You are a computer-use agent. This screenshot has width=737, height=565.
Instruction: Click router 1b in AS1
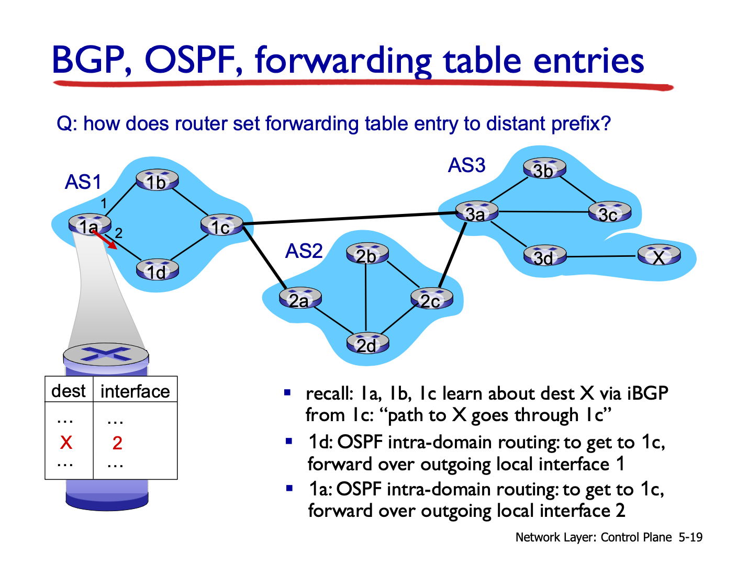[157, 180]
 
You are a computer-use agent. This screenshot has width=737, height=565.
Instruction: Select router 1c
[222, 225]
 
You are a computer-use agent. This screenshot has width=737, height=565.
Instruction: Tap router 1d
[158, 270]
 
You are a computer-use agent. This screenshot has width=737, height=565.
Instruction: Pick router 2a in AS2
[300, 298]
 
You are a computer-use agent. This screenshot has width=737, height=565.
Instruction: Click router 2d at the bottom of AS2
[367, 343]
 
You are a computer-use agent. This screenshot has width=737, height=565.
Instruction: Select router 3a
[476, 212]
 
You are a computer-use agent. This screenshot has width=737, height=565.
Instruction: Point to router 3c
[609, 212]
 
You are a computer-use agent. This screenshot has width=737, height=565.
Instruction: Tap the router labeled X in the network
[658, 255]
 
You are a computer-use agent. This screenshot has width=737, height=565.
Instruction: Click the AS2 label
[304, 251]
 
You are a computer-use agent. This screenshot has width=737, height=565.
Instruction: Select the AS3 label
[467, 165]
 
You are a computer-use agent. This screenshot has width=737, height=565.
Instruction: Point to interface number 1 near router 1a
[104, 204]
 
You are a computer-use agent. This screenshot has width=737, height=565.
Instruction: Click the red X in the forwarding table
[66, 443]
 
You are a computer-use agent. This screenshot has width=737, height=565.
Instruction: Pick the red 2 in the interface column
[117, 443]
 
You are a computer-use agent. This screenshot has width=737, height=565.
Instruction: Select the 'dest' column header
[68, 391]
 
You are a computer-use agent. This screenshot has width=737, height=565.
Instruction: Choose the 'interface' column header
[135, 391]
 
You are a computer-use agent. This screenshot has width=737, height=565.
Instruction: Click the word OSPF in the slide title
[191, 60]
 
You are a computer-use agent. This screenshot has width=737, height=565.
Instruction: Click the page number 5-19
[690, 537]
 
